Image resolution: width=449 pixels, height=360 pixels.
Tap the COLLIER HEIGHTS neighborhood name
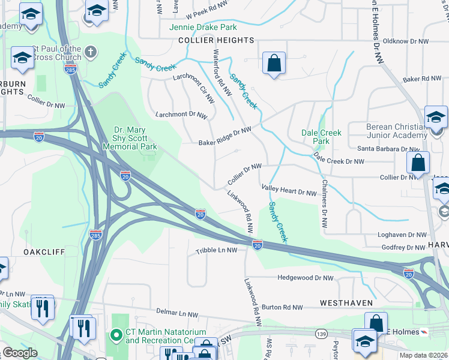[x=216, y=40]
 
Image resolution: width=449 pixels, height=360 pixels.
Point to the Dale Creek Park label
[x=321, y=137]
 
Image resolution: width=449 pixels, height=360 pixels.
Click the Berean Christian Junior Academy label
[x=396, y=130]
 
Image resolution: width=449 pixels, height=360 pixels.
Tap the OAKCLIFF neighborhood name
[x=44, y=252]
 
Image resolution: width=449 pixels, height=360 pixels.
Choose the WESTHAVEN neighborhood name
[x=346, y=303]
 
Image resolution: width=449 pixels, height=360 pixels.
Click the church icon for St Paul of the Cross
[x=90, y=51]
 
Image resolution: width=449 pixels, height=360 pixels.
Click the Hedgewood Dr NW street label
[x=306, y=278]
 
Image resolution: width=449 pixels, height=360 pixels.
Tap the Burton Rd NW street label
[x=282, y=307]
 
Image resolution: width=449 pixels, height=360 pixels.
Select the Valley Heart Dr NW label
[x=289, y=191]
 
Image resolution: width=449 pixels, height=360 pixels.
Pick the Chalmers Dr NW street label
[x=324, y=204]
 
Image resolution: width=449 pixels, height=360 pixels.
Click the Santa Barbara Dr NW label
[x=388, y=149]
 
